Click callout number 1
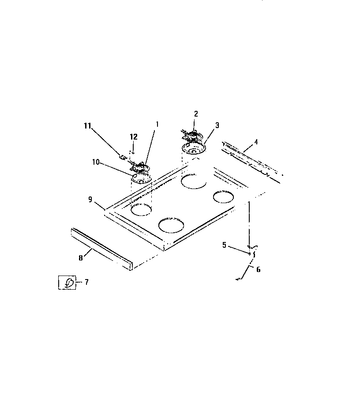coord(157,125)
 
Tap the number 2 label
coord(196,114)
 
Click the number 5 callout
coord(224,245)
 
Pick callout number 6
coord(258,269)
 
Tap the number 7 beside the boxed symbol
coord(86,282)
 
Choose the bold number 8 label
coord(81,258)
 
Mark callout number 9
coord(90,200)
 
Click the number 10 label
coord(95,162)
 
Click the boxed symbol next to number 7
coord(67,282)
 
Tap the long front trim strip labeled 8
coord(101,249)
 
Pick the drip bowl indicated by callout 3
coord(193,149)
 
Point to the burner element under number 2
coord(191,134)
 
